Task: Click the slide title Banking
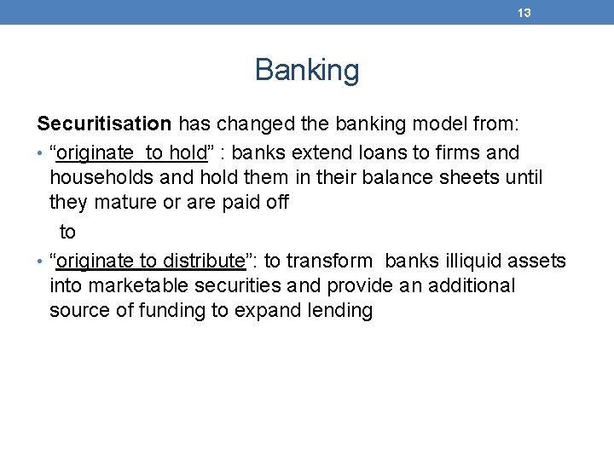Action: click(x=307, y=71)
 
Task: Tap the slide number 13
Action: click(x=524, y=13)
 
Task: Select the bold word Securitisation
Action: click(x=104, y=124)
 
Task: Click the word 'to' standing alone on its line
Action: click(x=67, y=232)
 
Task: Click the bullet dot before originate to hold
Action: click(x=40, y=154)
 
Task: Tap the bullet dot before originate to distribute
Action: click(x=40, y=262)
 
